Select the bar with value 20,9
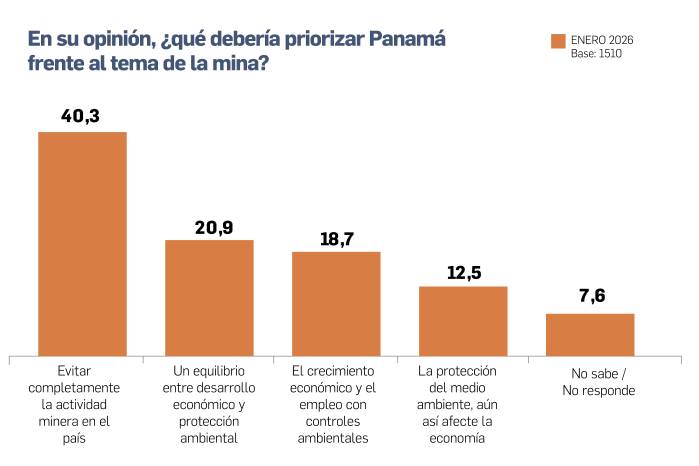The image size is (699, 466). [x=209, y=297]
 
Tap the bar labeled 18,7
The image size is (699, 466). [x=336, y=303]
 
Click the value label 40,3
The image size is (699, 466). [x=81, y=117]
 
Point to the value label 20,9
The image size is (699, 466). [x=213, y=227]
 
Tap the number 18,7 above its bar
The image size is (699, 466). [x=337, y=239]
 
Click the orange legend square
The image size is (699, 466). [x=558, y=40]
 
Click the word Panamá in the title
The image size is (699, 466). [x=406, y=39]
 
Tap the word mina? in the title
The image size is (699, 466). [x=240, y=63]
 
